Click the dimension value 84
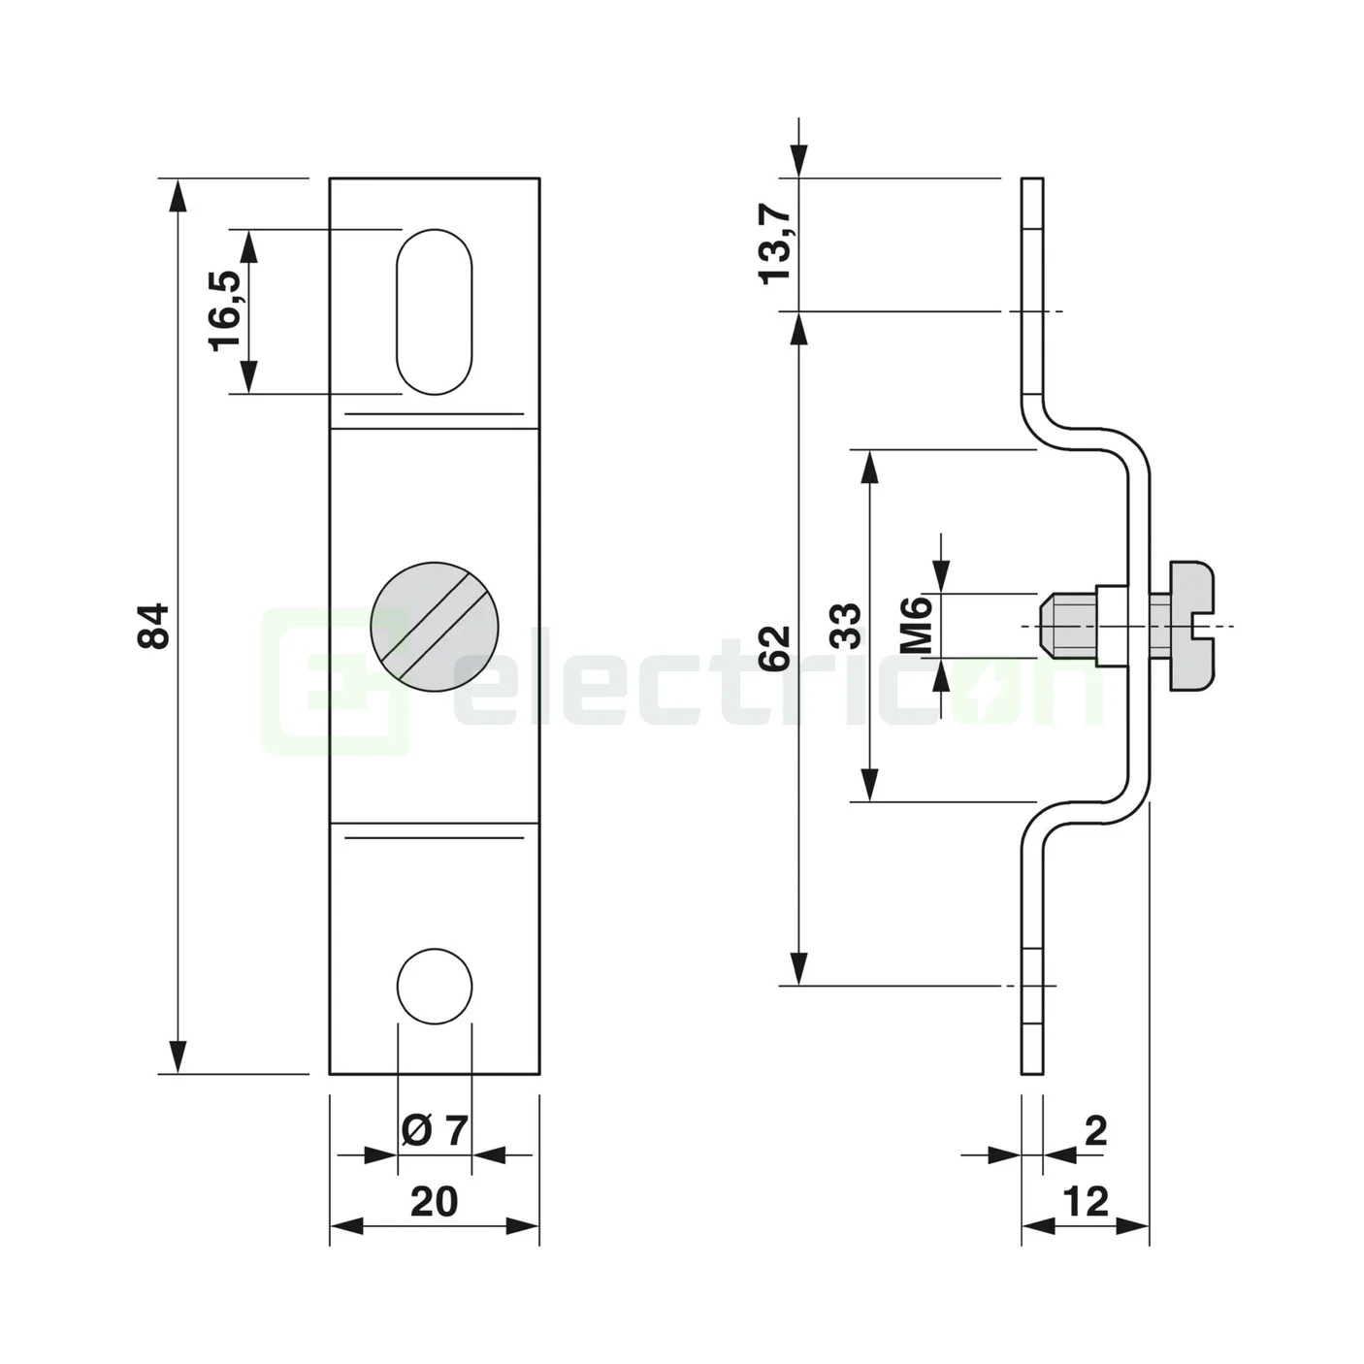[x=154, y=626]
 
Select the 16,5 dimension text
[x=225, y=310]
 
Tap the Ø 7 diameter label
[x=434, y=1130]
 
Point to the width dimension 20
[x=434, y=1202]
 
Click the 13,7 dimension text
[x=775, y=246]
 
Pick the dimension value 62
[x=775, y=648]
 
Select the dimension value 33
[x=846, y=626]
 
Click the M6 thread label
[x=917, y=626]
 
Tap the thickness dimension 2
[x=1095, y=1130]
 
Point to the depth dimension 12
[x=1086, y=1202]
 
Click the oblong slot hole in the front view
[x=434, y=311]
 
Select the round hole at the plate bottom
[x=434, y=986]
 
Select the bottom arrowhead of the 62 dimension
[x=797, y=969]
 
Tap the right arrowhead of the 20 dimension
[x=523, y=1227]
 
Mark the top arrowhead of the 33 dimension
[x=869, y=467]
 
